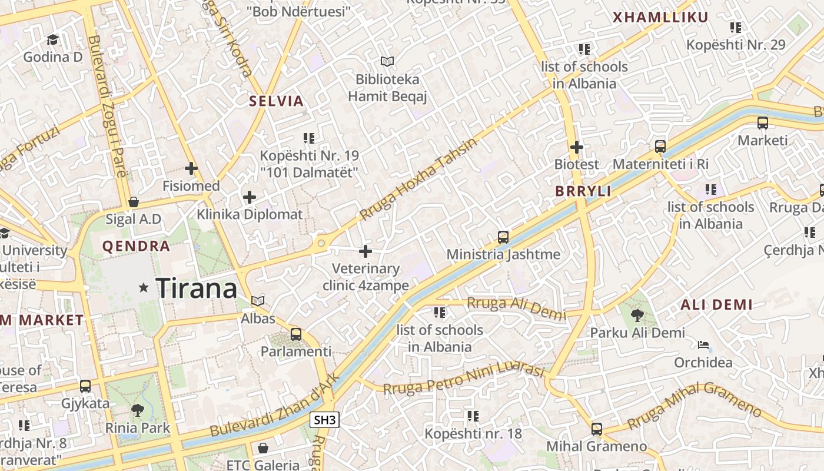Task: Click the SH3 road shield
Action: pos(324,420)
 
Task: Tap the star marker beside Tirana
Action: pos(144,287)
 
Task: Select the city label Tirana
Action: pos(197,288)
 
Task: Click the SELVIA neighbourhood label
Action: pos(276,101)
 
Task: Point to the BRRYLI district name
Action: pos(583,191)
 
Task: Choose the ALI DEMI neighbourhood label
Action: pos(716,305)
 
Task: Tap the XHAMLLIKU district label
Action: pos(660,18)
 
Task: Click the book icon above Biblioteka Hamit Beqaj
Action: pos(387,61)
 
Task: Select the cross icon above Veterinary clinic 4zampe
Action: pos(366,251)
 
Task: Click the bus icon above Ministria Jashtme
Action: pos(503,237)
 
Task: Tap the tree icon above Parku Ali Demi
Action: pos(637,316)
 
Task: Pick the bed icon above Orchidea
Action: pos(703,345)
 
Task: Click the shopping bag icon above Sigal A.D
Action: pos(134,203)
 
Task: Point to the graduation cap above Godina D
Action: pos(52,39)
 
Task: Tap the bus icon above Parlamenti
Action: pos(295,334)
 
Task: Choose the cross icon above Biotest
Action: pos(576,147)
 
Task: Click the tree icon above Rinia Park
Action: pos(137,410)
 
